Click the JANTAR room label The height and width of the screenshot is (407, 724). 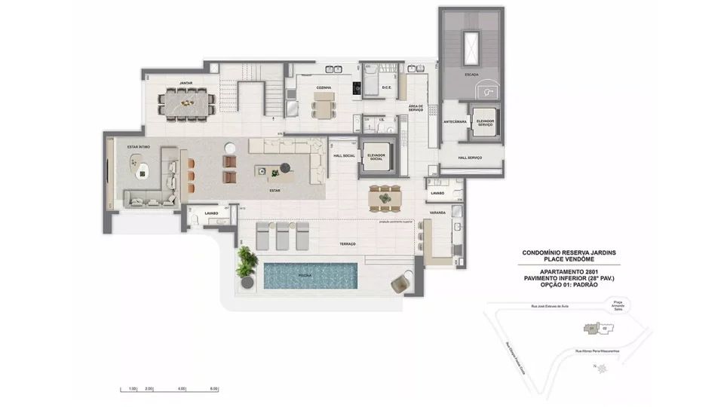[x=185, y=82]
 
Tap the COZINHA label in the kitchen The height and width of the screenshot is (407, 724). [x=324, y=87]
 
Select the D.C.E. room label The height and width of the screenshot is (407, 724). [x=386, y=87]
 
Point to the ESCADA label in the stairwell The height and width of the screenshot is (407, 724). [x=471, y=74]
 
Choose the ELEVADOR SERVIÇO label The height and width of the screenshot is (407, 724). [x=484, y=122]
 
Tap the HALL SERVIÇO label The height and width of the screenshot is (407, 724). [x=470, y=158]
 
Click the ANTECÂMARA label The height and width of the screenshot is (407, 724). [x=454, y=121]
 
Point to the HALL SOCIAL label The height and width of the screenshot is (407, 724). [x=344, y=156]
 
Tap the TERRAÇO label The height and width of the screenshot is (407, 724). [x=347, y=245]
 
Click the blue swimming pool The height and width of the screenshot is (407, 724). [x=310, y=275]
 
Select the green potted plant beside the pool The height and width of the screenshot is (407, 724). [x=247, y=263]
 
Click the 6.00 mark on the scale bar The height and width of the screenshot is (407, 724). [x=214, y=389]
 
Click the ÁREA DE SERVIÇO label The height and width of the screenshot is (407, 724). [x=416, y=109]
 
